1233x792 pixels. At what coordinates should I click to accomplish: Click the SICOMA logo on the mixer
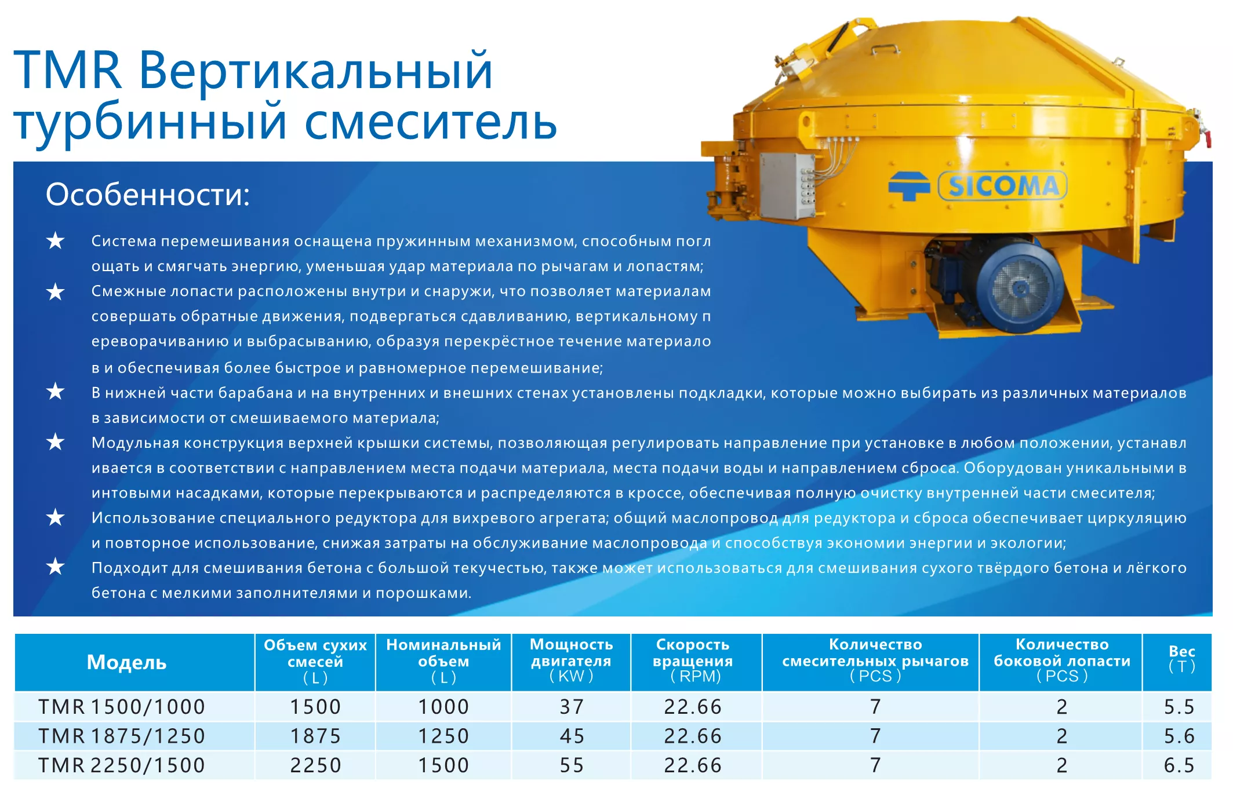[1002, 186]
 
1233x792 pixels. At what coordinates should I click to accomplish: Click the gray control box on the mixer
[786, 186]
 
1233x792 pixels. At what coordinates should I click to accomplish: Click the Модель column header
[126, 662]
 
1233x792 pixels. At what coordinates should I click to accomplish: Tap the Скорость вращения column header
[693, 653]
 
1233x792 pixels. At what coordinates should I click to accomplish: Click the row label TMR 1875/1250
[122, 736]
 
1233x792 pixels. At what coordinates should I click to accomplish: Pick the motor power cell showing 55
[572, 765]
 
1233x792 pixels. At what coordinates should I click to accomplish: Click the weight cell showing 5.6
[1179, 736]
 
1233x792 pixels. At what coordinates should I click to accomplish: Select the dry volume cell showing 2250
[315, 765]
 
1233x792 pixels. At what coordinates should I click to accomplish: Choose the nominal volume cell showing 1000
[443, 707]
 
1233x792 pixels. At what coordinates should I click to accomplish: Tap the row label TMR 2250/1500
[122, 765]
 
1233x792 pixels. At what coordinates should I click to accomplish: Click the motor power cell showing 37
[572, 707]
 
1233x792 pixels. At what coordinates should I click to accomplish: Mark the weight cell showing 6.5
[1179, 765]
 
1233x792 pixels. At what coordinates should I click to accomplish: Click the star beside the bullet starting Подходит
[56, 566]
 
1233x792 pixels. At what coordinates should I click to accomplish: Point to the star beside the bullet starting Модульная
[56, 441]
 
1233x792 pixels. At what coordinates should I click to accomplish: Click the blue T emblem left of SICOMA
[908, 186]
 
